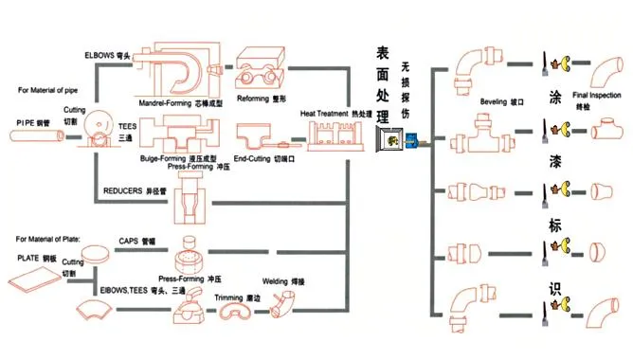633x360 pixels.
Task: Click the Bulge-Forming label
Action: pyautogui.click(x=178, y=157)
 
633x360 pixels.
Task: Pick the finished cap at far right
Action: pyautogui.click(x=599, y=252)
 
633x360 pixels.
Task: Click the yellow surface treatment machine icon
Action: pyautogui.click(x=388, y=143)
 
